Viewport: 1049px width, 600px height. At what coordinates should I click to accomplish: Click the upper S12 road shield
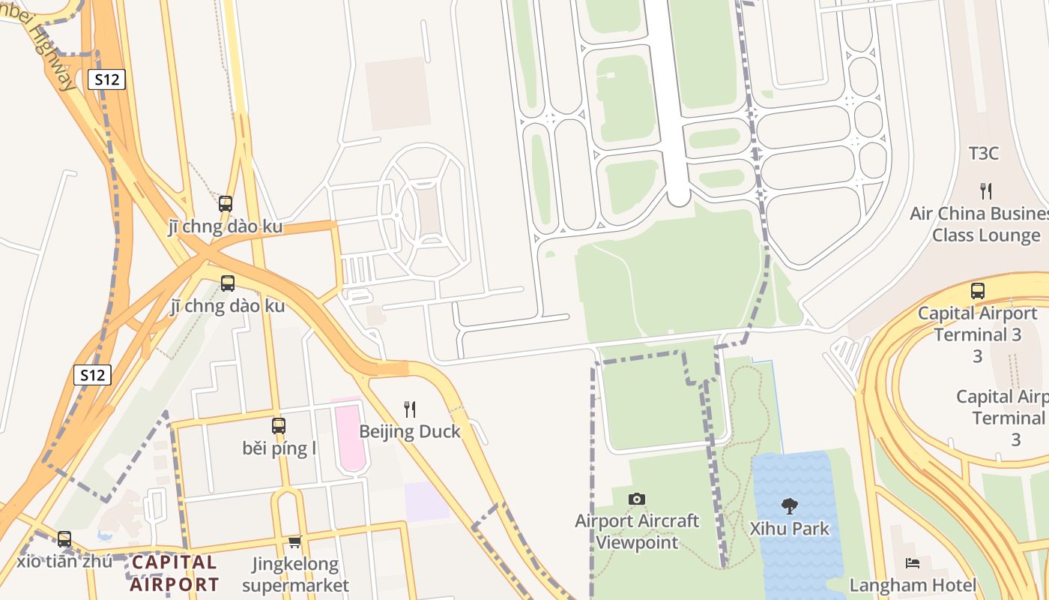click(106, 79)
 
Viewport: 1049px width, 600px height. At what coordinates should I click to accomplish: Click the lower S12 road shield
click(92, 375)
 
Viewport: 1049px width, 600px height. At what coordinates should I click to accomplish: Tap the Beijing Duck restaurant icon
click(410, 409)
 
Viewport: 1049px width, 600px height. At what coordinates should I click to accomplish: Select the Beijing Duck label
click(410, 431)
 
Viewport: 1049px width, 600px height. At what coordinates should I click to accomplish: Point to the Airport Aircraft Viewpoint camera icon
click(637, 499)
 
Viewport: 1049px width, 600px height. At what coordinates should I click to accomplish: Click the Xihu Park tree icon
click(790, 506)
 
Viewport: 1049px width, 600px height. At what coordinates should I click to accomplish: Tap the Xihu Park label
click(790, 529)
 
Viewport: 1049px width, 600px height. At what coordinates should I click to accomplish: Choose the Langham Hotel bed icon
click(913, 562)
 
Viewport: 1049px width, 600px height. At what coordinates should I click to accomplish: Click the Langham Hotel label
click(913, 585)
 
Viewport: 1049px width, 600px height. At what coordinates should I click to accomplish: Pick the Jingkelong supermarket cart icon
click(294, 541)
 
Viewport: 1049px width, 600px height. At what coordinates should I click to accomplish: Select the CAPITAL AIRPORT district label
click(175, 573)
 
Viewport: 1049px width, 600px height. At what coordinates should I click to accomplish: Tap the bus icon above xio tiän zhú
click(64, 538)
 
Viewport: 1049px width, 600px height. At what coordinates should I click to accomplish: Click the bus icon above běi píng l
click(279, 425)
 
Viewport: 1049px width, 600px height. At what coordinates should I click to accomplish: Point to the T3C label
click(984, 154)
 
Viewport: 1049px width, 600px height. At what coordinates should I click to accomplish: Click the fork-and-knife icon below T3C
click(986, 190)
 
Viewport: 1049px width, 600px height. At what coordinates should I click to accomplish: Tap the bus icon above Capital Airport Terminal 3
click(978, 291)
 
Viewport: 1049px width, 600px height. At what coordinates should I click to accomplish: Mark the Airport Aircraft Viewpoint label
click(637, 531)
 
